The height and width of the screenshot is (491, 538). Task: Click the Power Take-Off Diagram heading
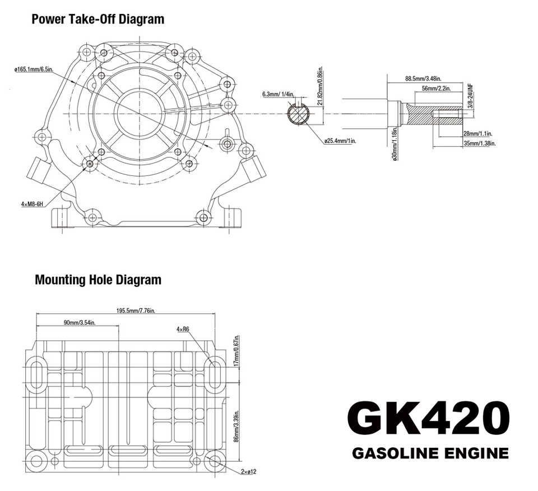click(x=98, y=19)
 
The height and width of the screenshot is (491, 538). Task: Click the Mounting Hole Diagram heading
click(x=98, y=279)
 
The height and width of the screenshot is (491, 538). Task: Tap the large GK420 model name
click(x=428, y=418)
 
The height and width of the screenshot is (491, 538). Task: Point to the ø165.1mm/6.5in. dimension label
click(x=34, y=70)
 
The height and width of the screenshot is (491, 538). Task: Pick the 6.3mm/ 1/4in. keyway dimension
click(x=277, y=94)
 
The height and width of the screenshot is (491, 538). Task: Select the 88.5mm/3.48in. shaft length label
click(x=423, y=78)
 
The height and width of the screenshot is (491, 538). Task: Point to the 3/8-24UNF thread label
click(x=471, y=96)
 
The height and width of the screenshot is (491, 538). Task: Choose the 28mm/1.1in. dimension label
click(x=477, y=133)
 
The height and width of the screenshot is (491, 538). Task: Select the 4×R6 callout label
click(x=183, y=329)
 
